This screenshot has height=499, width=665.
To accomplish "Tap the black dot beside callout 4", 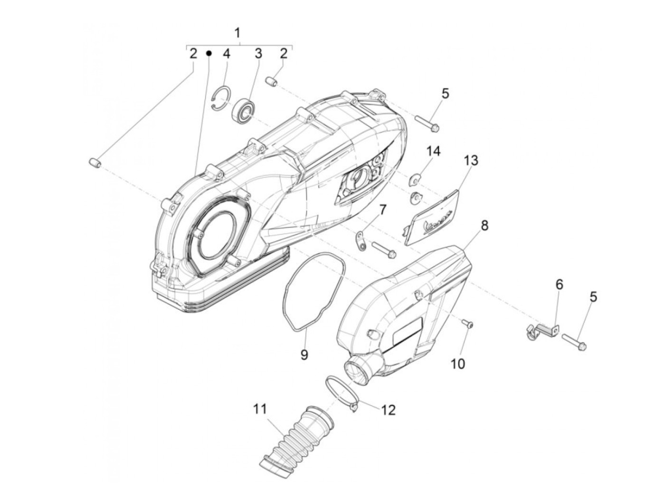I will pyautogui.click(x=209, y=53).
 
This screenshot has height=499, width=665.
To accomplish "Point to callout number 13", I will pyautogui.click(x=471, y=160).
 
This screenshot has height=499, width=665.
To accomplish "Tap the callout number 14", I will pyautogui.click(x=433, y=151).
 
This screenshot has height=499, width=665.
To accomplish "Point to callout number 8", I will pyautogui.click(x=484, y=225).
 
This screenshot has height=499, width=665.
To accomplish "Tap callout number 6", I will pyautogui.click(x=559, y=285).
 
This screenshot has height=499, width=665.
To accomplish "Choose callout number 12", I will pyautogui.click(x=388, y=410).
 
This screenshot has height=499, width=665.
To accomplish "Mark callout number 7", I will pyautogui.click(x=382, y=209).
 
